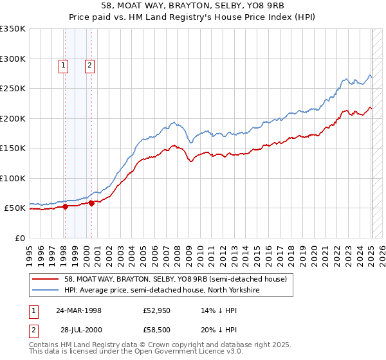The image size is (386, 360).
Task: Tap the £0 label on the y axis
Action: [x=20, y=238]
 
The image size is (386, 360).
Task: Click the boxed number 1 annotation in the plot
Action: [x=64, y=64]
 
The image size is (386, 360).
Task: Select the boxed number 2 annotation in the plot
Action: [x=89, y=64]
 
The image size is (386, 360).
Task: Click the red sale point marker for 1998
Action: [x=66, y=206]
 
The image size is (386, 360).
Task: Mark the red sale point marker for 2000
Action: [x=92, y=203]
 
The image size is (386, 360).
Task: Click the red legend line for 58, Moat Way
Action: [x=46, y=278]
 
